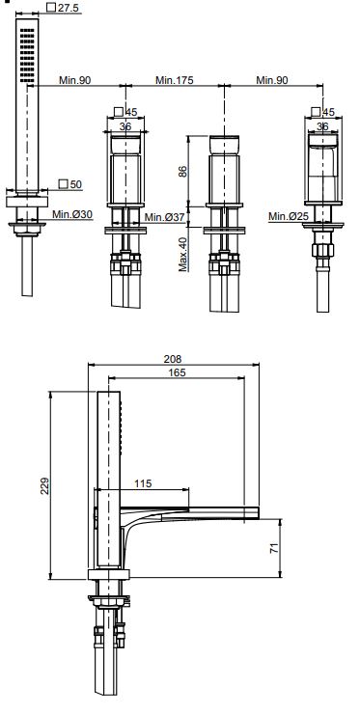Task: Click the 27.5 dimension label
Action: (x=67, y=8)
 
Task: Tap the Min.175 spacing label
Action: (x=174, y=80)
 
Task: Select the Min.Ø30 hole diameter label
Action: (x=72, y=214)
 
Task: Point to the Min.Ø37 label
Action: (x=164, y=217)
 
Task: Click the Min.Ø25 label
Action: (x=289, y=216)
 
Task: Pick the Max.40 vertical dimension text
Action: (x=183, y=253)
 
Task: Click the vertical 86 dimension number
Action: (x=182, y=172)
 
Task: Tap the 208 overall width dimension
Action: (x=173, y=359)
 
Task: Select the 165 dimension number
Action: (x=178, y=372)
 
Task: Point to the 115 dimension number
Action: (x=143, y=483)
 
